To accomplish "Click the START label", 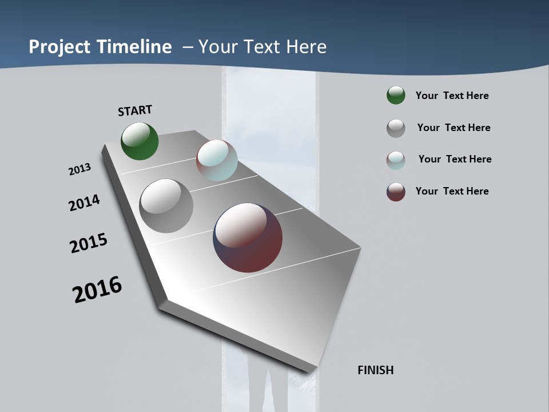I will (x=135, y=110).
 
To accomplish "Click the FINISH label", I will (x=376, y=370).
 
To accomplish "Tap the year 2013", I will (x=79, y=169).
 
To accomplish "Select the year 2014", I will (x=84, y=203).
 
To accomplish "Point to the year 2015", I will (x=89, y=243).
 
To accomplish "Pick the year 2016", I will (x=97, y=290).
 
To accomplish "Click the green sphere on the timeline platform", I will (x=140, y=141).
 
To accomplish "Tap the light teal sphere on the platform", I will (x=217, y=160).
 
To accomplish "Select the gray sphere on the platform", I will (x=166, y=206).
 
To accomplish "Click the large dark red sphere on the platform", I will (x=248, y=237).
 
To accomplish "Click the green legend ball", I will (x=396, y=96).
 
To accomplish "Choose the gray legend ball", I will (x=396, y=128).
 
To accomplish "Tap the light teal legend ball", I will (x=396, y=160).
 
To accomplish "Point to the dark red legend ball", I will (x=396, y=192).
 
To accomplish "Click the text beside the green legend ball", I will (x=452, y=96).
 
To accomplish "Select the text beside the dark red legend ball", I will (x=452, y=191).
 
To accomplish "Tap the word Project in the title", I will (x=56, y=47).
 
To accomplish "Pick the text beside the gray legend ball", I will (x=454, y=128).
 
